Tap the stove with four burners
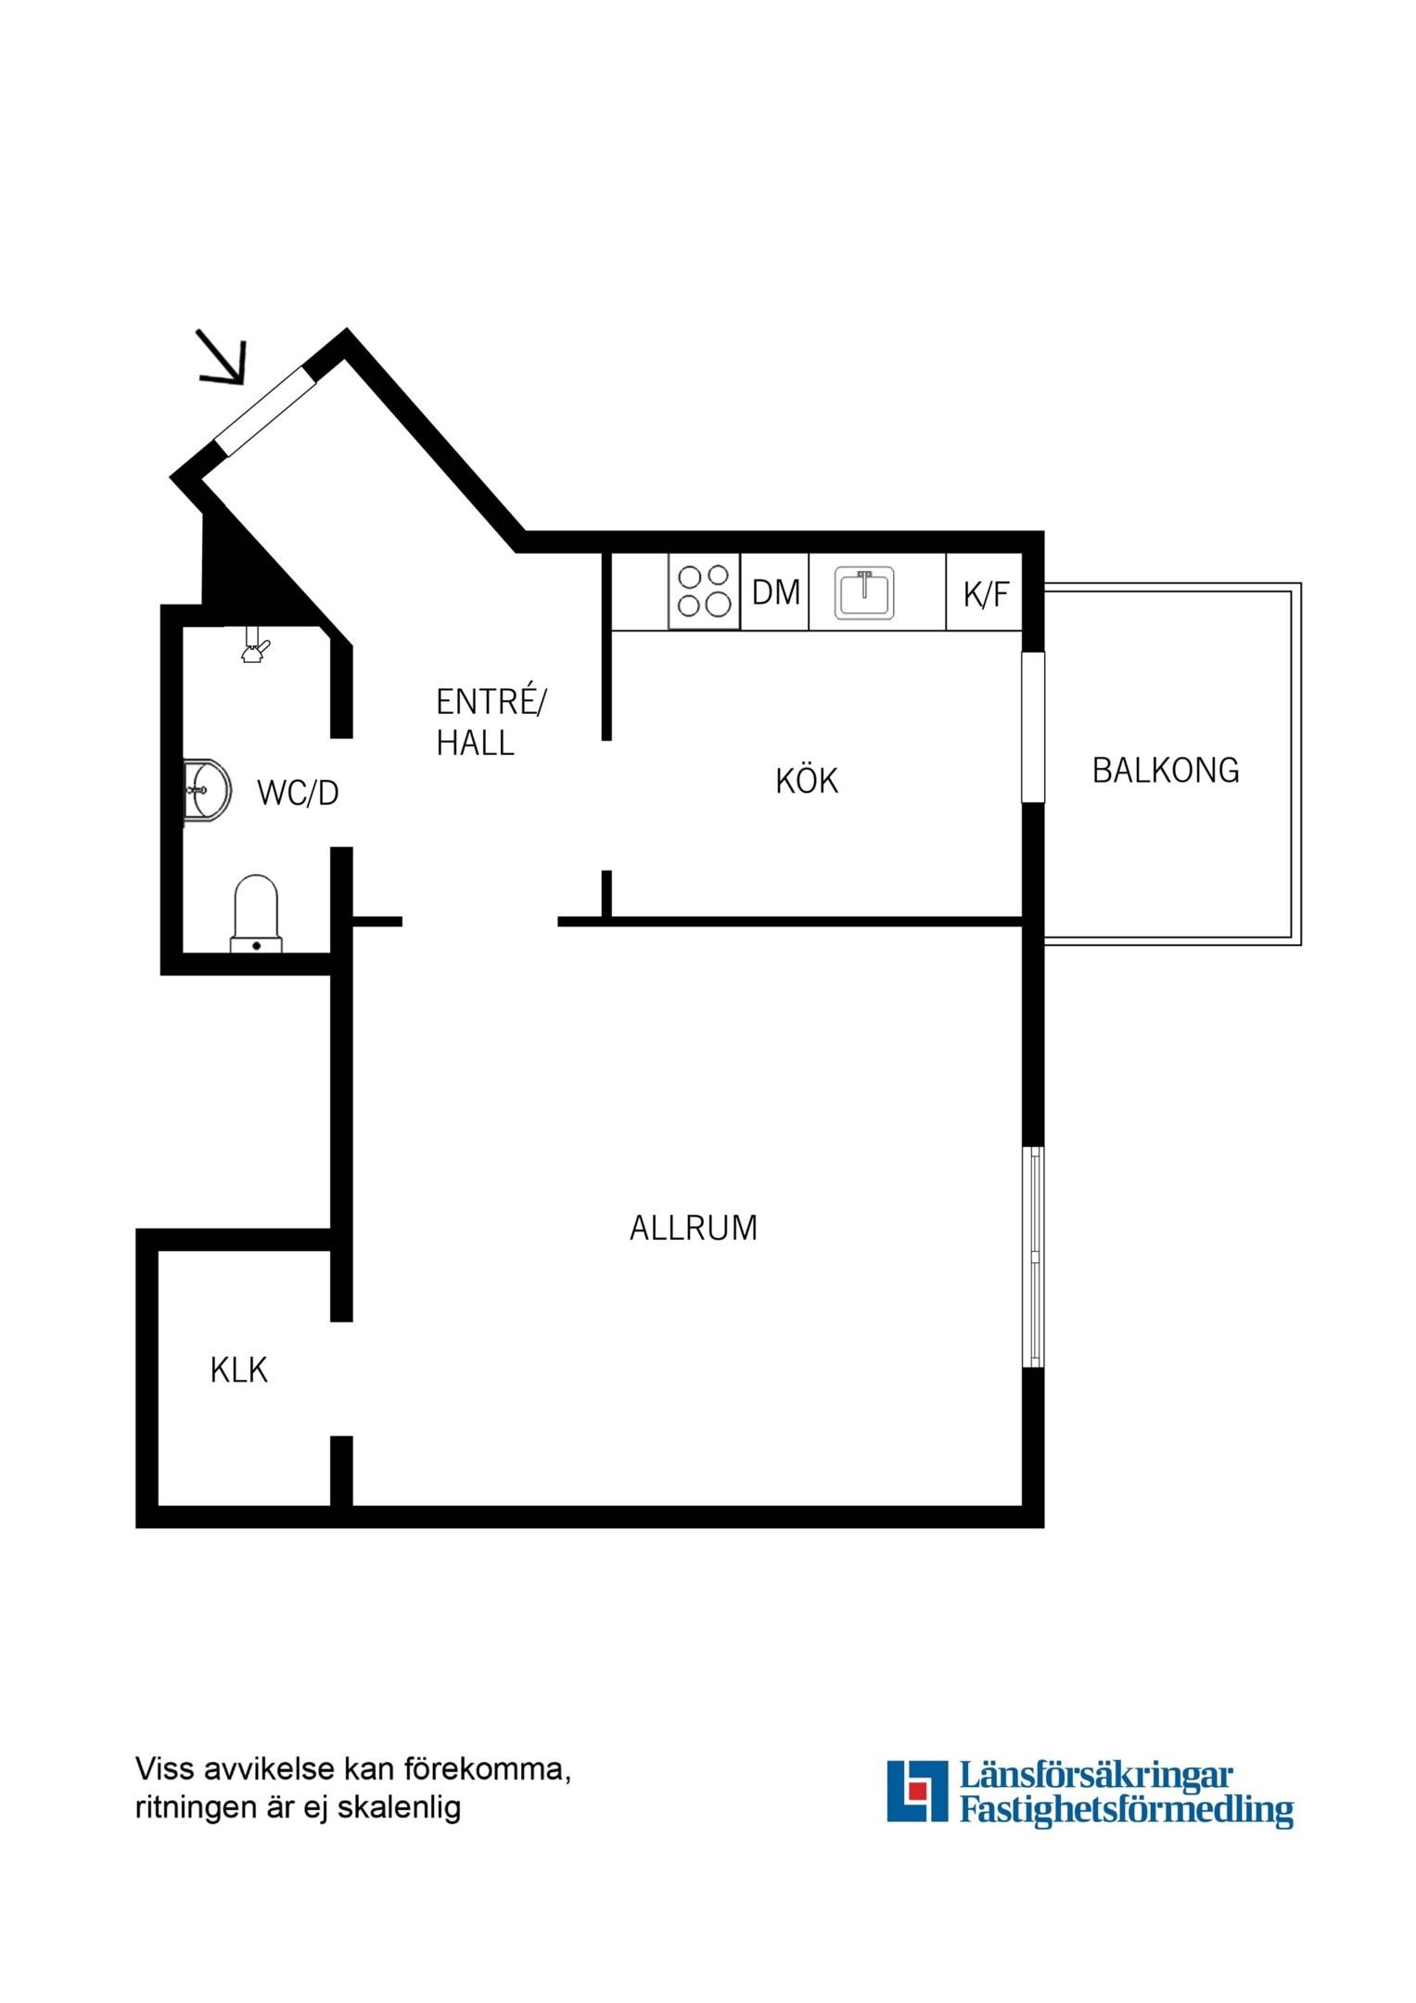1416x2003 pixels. coord(704,592)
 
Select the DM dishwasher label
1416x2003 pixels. coord(775,593)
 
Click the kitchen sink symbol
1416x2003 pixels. coord(864,593)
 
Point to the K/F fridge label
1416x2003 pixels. coord(985,594)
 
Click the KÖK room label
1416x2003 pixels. coord(807,780)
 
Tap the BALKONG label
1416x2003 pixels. coord(1166,771)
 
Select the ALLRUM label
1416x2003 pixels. coord(694,1228)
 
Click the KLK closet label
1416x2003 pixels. coord(238,1371)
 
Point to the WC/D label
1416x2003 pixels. coord(298,793)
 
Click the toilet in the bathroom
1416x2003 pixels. coord(256,913)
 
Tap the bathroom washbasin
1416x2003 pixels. coord(206,791)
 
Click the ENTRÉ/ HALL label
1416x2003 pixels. coord(491,722)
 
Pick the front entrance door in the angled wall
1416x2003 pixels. coord(267,411)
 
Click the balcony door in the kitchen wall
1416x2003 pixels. coord(1033,727)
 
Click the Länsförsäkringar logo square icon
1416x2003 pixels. coord(917,1791)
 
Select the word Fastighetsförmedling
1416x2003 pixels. coord(1126,1809)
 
